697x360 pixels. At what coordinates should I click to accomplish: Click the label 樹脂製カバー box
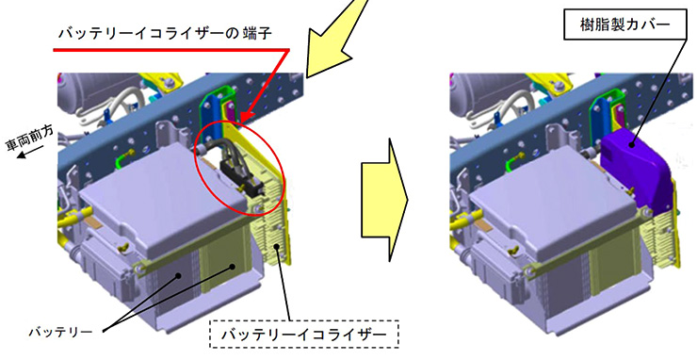(x=624, y=25)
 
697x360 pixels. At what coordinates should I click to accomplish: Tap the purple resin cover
(x=636, y=168)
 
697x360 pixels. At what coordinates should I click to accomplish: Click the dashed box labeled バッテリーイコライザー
(x=304, y=334)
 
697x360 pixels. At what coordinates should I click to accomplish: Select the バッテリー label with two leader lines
(x=61, y=332)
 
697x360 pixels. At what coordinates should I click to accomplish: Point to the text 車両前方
(x=30, y=139)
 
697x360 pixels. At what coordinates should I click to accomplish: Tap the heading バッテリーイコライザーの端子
(x=165, y=33)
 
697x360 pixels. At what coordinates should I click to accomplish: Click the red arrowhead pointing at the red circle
(x=246, y=117)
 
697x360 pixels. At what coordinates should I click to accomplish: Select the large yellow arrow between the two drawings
(x=384, y=200)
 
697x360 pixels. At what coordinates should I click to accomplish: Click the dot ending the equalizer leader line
(x=277, y=246)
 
